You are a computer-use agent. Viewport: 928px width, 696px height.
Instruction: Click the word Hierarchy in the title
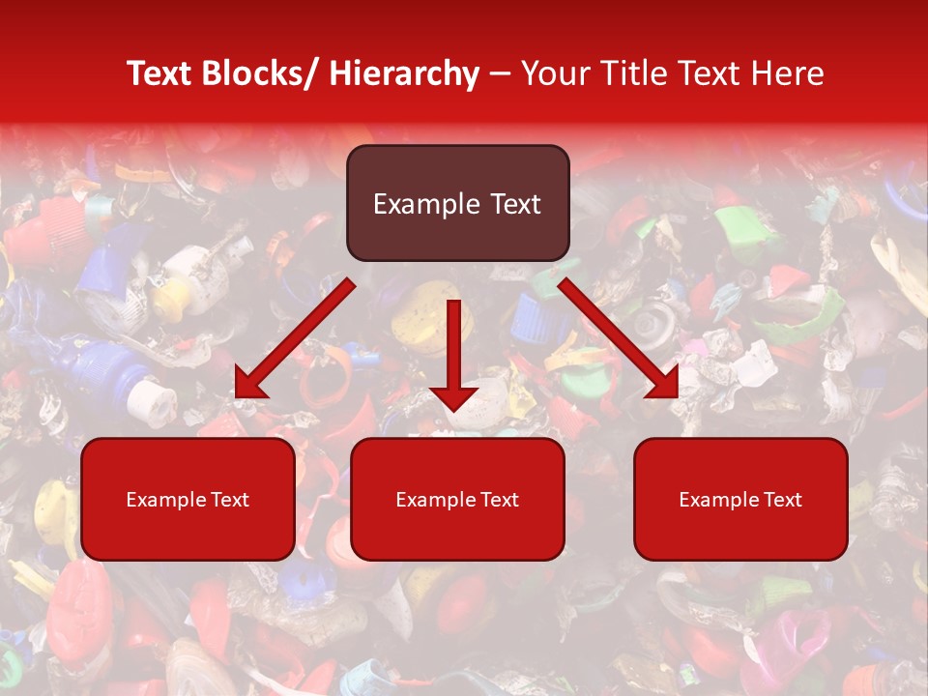click(x=404, y=74)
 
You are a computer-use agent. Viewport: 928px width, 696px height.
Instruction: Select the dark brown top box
click(x=457, y=203)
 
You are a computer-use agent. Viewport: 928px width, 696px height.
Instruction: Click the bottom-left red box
click(x=188, y=499)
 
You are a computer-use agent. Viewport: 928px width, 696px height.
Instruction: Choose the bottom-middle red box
click(x=457, y=499)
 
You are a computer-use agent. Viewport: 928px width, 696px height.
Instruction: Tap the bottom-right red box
click(x=740, y=499)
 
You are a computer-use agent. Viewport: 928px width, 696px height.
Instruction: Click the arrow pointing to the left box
click(x=295, y=339)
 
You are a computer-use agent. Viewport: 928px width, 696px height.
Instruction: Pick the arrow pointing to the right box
click(x=619, y=339)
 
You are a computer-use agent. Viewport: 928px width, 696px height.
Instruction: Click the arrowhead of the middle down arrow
click(x=454, y=397)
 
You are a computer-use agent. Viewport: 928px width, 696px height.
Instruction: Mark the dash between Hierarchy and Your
click(x=500, y=74)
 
